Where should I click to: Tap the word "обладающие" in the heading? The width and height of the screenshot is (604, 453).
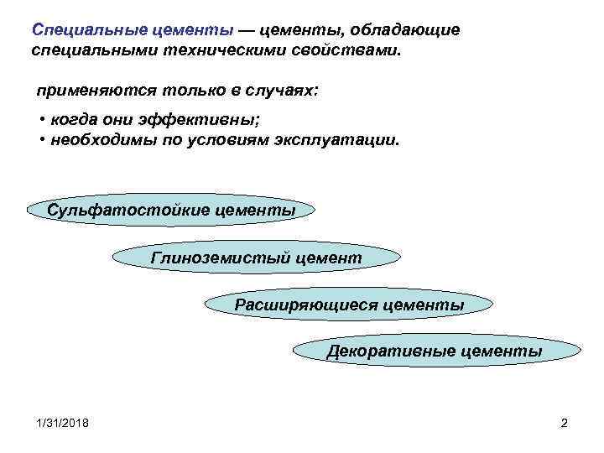[x=409, y=30]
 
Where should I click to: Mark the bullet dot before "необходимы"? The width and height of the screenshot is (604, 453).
[x=42, y=140]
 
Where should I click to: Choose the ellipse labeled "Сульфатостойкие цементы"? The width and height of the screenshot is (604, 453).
[x=171, y=210]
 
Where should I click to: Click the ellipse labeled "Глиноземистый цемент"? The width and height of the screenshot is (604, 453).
[x=256, y=258]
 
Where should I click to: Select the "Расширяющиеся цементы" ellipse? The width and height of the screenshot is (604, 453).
[x=349, y=305]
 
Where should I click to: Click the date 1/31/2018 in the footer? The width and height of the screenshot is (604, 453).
[x=61, y=423]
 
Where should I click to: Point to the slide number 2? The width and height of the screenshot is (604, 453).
[x=564, y=423]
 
